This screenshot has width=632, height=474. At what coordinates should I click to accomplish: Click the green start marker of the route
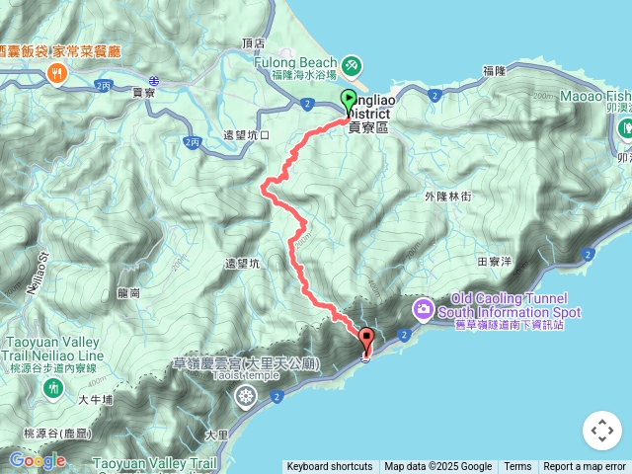click(349, 100)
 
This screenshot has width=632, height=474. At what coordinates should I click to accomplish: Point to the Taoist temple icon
click(245, 396)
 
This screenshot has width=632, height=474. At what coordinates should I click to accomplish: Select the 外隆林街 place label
click(447, 197)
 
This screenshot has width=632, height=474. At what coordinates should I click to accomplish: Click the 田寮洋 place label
click(494, 262)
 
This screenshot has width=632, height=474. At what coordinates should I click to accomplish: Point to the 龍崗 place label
click(128, 292)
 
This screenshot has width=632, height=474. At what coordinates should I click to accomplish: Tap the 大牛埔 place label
click(96, 400)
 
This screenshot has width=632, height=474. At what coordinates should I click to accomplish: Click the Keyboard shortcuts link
click(330, 466)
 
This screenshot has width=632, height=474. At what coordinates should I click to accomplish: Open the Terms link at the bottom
click(517, 466)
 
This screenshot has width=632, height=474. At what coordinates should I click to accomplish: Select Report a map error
click(585, 466)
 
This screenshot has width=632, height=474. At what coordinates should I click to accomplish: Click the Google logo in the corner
click(38, 460)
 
